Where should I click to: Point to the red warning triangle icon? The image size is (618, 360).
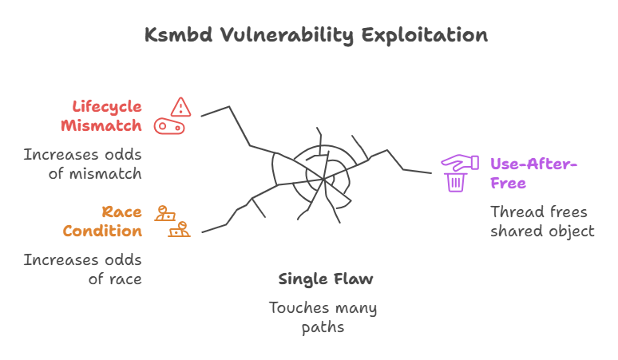tap(181, 105)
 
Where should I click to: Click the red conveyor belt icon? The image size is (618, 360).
tap(170, 126)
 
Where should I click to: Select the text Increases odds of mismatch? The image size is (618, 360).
tap(82, 164)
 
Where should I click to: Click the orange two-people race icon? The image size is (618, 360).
tap(172, 221)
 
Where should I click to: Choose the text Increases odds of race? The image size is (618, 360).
tap(82, 269)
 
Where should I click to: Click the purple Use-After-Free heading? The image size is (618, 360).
tap(533, 173)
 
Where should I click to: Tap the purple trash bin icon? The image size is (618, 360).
tap(456, 183)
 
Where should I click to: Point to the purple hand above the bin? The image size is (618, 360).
tap(459, 162)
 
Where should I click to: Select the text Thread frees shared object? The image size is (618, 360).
tap(542, 221)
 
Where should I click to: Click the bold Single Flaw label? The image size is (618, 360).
tap(326, 279)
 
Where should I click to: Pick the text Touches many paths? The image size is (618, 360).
tap(323, 317)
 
